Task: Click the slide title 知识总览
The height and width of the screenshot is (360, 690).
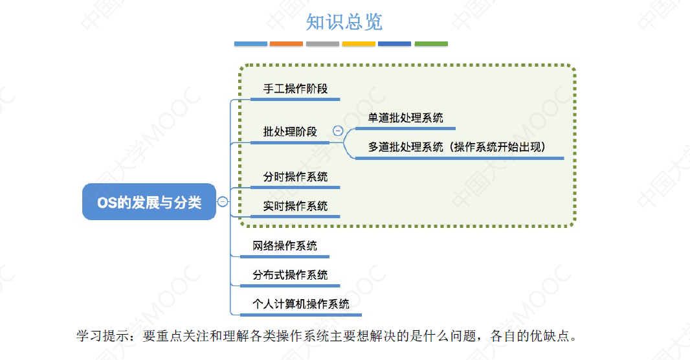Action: pyautogui.click(x=344, y=22)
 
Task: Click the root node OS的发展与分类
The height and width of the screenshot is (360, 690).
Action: pyautogui.click(x=149, y=202)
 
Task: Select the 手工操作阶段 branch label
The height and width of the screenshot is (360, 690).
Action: pyautogui.click(x=295, y=89)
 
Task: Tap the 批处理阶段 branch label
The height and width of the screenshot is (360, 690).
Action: pyautogui.click(x=290, y=131)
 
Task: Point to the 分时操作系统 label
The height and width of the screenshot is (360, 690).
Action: pyautogui.click(x=295, y=177)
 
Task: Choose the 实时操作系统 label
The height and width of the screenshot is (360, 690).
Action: pyautogui.click(x=295, y=206)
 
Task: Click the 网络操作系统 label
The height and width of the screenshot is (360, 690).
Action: pyautogui.click(x=285, y=246)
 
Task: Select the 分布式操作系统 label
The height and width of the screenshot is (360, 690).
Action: pyautogui.click(x=290, y=275)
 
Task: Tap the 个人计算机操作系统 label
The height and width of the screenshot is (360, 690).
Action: pyautogui.click(x=301, y=304)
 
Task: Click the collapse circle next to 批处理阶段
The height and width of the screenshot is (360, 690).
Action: pyautogui.click(x=337, y=131)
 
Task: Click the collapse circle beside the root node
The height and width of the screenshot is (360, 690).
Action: pyautogui.click(x=223, y=201)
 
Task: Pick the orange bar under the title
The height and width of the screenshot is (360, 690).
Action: pyautogui.click(x=286, y=44)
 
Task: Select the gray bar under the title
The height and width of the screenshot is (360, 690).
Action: pyautogui.click(x=322, y=44)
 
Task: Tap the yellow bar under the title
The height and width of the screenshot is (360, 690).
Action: pyautogui.click(x=359, y=44)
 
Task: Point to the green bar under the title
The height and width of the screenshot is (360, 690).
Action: pyautogui.click(x=431, y=44)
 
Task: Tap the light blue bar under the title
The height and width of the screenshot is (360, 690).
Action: pyautogui.click(x=250, y=44)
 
